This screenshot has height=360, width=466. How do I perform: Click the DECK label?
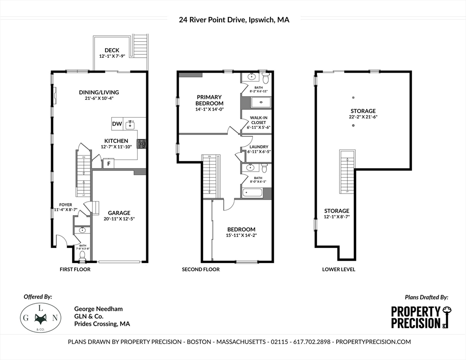point(112,50)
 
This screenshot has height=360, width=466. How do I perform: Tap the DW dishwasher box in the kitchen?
point(116,124)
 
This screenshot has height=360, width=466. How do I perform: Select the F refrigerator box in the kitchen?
point(109,164)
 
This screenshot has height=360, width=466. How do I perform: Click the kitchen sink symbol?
point(131,124)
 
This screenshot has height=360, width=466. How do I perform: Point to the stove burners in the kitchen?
point(141,143)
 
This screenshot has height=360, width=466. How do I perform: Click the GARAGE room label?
point(119,212)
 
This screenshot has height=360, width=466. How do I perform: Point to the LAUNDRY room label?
point(258,147)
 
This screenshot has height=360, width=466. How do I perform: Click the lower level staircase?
point(346,172)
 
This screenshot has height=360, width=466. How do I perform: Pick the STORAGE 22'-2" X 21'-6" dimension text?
point(362,117)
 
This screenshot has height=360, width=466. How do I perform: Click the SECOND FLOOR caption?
point(201,270)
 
